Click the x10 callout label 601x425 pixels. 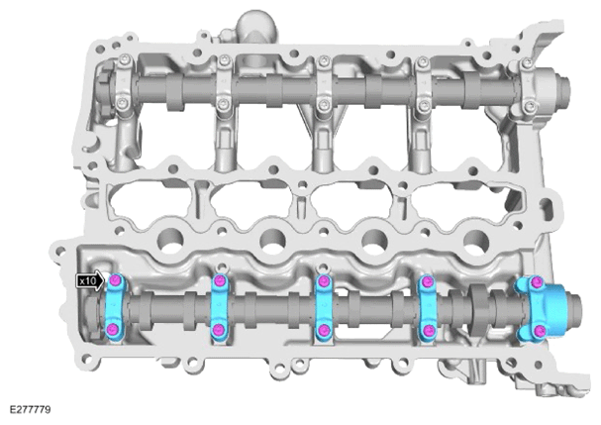click(90, 280)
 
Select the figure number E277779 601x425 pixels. click(30, 410)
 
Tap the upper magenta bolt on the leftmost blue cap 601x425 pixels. click(115, 281)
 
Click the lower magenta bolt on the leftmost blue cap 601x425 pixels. click(113, 329)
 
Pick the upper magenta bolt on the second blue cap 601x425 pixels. click(220, 280)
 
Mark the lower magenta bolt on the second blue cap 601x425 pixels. click(218, 330)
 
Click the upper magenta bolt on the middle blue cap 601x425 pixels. click(324, 280)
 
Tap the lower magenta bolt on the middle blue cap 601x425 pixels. click(324, 330)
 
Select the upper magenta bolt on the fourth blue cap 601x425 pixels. click(427, 282)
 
